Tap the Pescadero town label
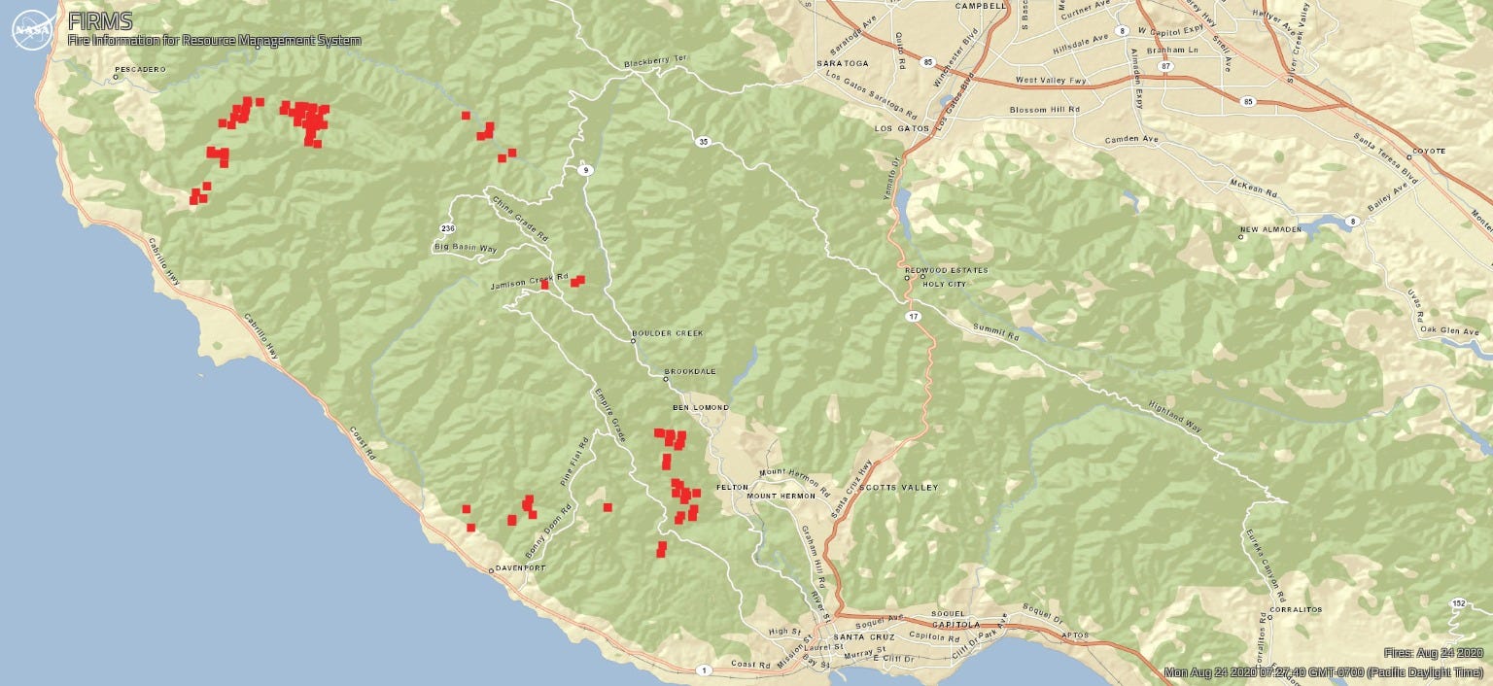click(140, 70)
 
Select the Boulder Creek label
click(667, 333)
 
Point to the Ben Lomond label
click(700, 407)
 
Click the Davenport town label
click(521, 567)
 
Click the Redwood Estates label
click(946, 270)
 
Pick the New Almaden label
click(1268, 230)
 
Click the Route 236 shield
click(447, 228)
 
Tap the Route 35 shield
click(703, 142)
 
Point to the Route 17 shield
click(914, 318)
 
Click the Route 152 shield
click(1458, 603)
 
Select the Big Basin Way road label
click(466, 249)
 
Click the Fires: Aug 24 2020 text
click(1433, 653)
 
